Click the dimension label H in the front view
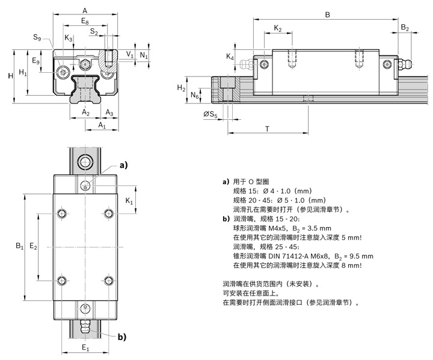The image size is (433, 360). coord(10,76)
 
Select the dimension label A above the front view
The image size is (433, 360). coord(84,10)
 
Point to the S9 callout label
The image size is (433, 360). coord(37,39)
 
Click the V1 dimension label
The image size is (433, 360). coord(131,55)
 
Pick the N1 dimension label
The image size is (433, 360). coord(144,55)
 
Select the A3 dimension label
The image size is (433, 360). coord(109,113)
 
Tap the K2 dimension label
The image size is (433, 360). coord(278,28)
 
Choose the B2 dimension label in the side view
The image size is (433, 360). coord(405,28)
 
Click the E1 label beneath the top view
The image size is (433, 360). coord(85,348)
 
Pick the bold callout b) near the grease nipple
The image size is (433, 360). coord(123,337)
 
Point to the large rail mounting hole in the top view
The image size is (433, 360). coord(85,161)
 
